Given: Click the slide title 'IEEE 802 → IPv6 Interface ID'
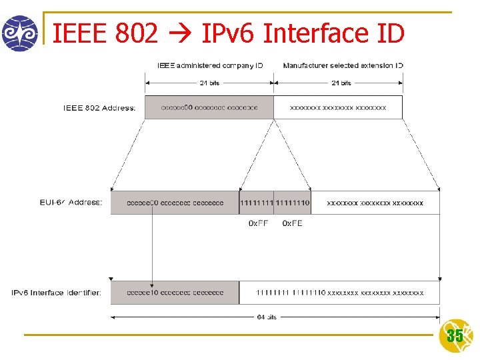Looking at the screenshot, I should click(228, 33).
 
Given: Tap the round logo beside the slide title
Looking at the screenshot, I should click(19, 33).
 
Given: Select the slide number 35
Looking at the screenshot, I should click(455, 336).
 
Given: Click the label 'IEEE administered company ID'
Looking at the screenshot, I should click(210, 65).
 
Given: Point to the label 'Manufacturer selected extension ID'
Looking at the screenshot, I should click(343, 65).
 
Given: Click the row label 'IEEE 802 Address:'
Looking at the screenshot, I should click(99, 108).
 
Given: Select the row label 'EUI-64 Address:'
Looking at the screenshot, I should click(71, 203).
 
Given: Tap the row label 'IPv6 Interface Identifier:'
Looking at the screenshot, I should click(57, 293).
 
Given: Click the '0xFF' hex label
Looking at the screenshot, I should click(258, 223).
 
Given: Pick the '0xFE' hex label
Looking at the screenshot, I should click(292, 223).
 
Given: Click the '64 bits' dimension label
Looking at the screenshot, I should click(267, 317).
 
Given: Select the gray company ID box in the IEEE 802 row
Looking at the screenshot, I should click(209, 107).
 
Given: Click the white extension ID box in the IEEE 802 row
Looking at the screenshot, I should click(338, 107).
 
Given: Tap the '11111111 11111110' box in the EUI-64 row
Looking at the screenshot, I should click(275, 203).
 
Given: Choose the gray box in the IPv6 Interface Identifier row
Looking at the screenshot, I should click(175, 293).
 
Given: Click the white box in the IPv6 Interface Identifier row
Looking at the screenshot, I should click(339, 293).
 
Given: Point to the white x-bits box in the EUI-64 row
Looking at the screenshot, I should click(375, 203).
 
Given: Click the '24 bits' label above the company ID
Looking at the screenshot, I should click(209, 83).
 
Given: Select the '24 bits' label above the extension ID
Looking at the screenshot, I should click(341, 83).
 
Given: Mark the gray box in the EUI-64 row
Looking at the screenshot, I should click(175, 203).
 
